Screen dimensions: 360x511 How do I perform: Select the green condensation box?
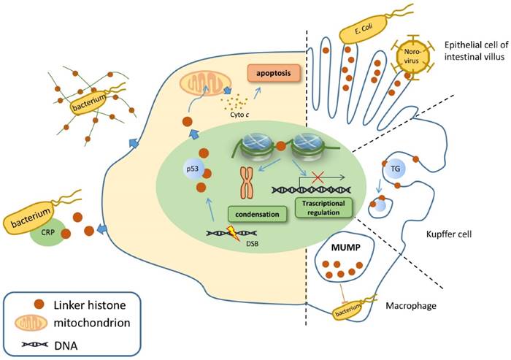255,215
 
